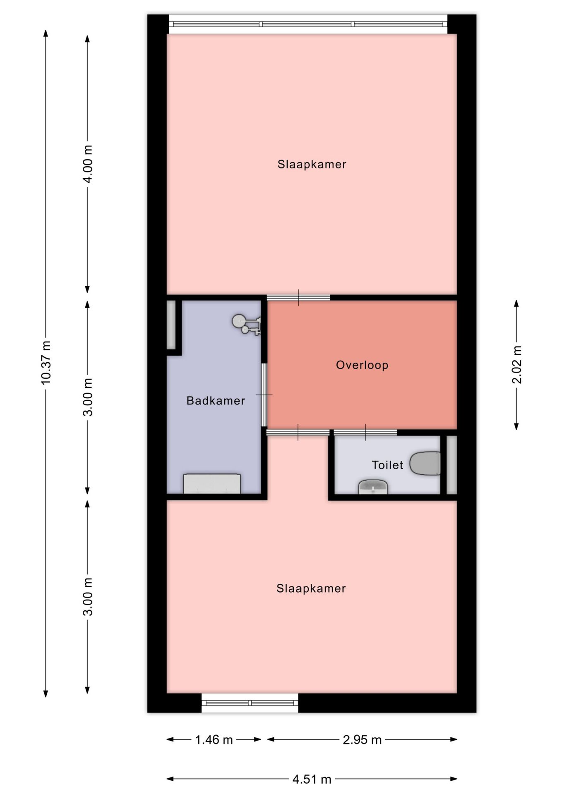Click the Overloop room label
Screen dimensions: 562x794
[x=362, y=365]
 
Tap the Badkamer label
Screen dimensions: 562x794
[x=216, y=401]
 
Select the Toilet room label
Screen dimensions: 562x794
[x=387, y=465]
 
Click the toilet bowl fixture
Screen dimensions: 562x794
[x=425, y=464]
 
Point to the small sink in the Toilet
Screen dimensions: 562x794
[x=373, y=487]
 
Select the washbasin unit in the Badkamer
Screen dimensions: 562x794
[x=212, y=484]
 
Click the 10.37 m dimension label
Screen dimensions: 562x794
[x=46, y=362]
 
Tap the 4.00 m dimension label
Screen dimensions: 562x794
[x=88, y=164]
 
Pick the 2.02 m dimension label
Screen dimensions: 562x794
[x=517, y=365]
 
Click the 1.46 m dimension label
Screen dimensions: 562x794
[x=214, y=740]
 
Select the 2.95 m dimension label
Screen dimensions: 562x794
[x=362, y=740]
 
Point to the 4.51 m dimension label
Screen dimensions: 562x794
[x=312, y=780]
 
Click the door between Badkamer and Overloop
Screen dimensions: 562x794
[x=264, y=395]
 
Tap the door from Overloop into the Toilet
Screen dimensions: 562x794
[x=365, y=433]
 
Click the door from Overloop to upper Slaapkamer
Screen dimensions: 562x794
[x=298, y=297]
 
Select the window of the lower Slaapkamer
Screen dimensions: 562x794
[x=250, y=703]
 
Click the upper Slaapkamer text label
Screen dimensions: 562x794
[x=312, y=165]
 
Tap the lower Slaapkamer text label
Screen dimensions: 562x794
[x=311, y=588]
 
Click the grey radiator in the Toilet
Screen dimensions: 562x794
[x=452, y=465]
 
